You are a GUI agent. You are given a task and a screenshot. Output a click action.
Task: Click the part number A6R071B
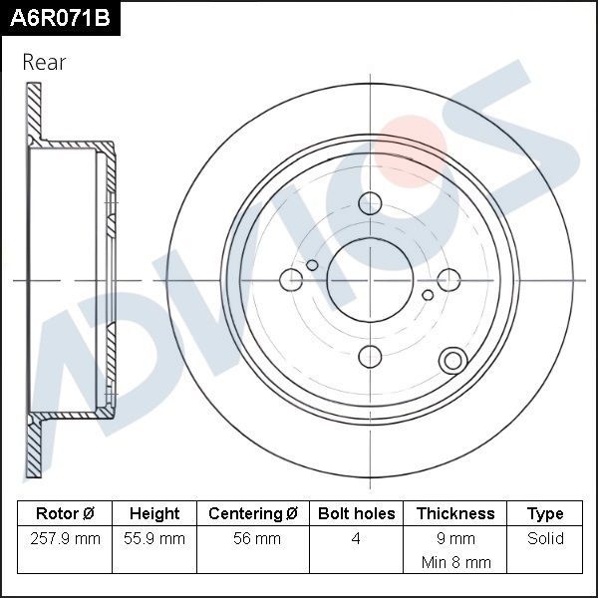coord(59,18)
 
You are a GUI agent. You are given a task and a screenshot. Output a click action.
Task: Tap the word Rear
coord(44,63)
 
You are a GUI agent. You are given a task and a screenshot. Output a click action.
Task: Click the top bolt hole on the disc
coord(370,203)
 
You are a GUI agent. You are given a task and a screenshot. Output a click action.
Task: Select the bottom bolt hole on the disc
coord(370,357)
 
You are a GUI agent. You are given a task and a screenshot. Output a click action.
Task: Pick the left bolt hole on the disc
coord(292,280)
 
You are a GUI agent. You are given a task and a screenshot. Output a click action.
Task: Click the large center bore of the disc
coord(370,280)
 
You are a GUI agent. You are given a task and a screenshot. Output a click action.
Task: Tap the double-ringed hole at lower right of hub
coord(451,361)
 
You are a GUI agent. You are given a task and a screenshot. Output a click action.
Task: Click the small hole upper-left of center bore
coord(312,265)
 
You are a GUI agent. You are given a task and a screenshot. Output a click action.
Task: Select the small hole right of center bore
coord(428,295)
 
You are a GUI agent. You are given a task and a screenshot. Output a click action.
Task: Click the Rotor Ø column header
coord(65,514)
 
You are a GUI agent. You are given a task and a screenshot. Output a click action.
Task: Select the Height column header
coord(154,514)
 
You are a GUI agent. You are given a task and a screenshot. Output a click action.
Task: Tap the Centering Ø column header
coord(253,514)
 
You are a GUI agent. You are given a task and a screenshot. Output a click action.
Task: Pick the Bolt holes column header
coord(356,514)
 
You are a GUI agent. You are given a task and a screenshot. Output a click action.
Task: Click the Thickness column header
coord(454,514)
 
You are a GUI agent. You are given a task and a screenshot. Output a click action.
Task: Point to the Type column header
coord(545,514)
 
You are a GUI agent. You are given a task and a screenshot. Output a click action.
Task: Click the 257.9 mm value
coord(65,539)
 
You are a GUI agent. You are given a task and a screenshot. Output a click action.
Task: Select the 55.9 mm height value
coord(154,539)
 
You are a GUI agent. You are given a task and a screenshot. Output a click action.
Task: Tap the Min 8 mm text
coord(454,562)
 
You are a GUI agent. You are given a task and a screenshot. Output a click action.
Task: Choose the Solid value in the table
coord(545,539)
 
